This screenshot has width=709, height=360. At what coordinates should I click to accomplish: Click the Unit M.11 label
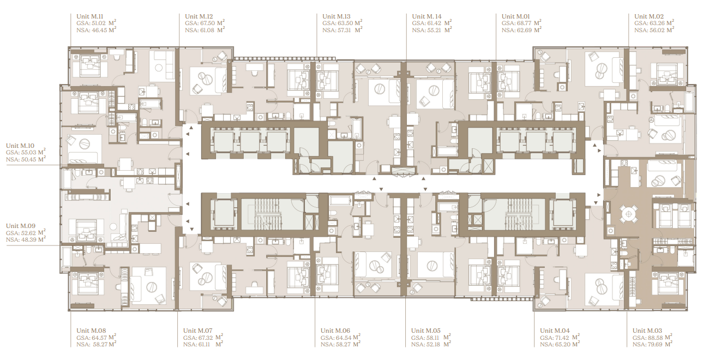(x=89, y=16)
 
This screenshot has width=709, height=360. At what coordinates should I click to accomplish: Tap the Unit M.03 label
(x=647, y=331)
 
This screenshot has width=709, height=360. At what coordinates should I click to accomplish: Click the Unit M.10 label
(x=20, y=146)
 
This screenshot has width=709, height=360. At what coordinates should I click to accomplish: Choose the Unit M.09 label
(x=21, y=226)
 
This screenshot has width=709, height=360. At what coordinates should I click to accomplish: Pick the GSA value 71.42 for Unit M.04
(x=561, y=338)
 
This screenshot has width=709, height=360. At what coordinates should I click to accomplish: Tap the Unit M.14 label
(x=426, y=16)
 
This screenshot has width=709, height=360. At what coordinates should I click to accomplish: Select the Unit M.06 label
(x=335, y=331)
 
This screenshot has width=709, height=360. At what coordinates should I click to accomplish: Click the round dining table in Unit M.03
(x=628, y=214)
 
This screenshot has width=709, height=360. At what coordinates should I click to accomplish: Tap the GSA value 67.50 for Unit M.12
(x=207, y=23)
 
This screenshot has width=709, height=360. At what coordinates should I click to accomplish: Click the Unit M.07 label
(x=197, y=331)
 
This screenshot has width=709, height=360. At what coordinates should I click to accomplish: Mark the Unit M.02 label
(x=649, y=16)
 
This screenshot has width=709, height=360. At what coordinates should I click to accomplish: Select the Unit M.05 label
(x=426, y=331)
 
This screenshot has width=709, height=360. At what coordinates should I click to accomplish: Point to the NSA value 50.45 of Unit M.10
(x=28, y=160)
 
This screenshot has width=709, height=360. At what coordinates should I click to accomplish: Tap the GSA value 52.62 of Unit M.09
(x=28, y=233)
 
